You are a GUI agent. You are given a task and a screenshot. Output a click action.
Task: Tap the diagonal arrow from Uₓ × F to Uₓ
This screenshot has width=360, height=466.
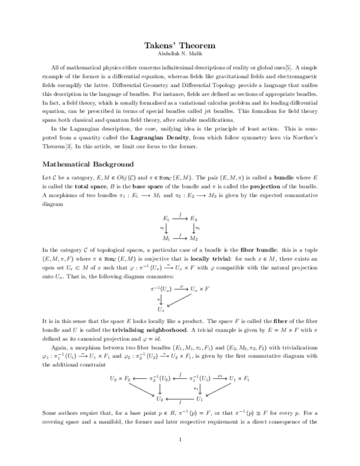tap(182, 300)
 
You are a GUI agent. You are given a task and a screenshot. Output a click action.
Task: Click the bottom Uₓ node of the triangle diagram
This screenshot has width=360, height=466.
tap(160, 309)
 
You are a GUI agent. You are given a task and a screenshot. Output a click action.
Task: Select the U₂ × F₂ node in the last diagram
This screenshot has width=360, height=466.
tap(120, 379)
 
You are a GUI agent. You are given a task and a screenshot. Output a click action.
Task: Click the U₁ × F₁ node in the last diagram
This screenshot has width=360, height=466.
tap(238, 379)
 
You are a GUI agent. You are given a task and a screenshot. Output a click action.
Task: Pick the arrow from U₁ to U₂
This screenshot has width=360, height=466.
tap(180, 398)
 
